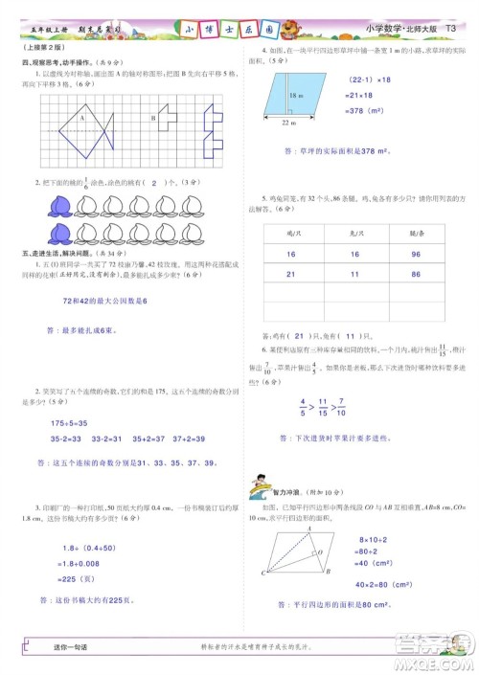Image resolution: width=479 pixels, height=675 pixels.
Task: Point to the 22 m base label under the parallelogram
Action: point(288,124)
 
